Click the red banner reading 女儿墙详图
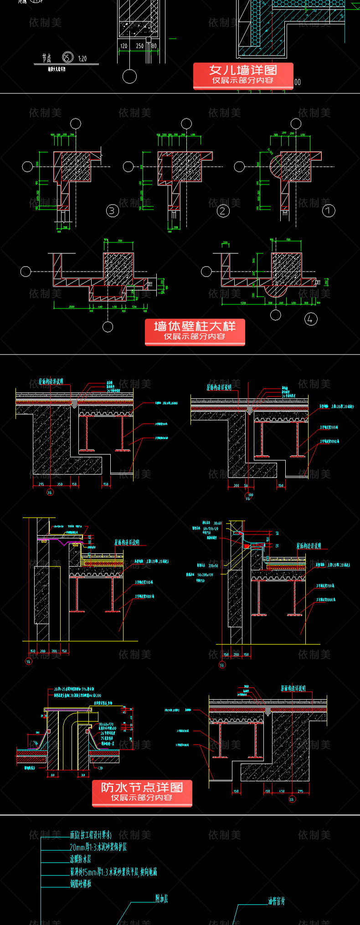(x=243, y=75)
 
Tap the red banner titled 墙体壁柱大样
(x=195, y=331)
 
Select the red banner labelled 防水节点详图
(x=142, y=792)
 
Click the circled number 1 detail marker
(x=329, y=211)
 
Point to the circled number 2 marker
(x=223, y=211)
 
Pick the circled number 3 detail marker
(x=112, y=211)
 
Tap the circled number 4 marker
(x=311, y=319)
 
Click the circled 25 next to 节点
(x=67, y=57)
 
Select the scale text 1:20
(x=82, y=59)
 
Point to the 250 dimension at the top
(x=139, y=46)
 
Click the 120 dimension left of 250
(x=123, y=46)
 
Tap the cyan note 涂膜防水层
(x=81, y=859)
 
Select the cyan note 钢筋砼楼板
(x=81, y=884)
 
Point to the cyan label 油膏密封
(x=277, y=901)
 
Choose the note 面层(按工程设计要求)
(x=91, y=835)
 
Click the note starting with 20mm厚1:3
(x=98, y=847)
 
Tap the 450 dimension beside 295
(x=282, y=791)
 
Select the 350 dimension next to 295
(x=60, y=484)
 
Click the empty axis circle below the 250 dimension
(x=130, y=77)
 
